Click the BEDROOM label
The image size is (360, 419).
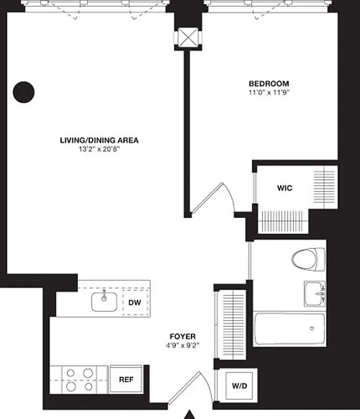click(268, 83)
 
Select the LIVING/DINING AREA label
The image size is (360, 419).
click(99, 140)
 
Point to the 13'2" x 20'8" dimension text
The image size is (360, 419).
click(99, 149)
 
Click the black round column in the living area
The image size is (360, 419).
click(24, 92)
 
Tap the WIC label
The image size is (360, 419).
click(285, 188)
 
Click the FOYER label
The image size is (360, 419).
click(183, 336)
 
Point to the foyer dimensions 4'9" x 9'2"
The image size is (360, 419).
click(183, 345)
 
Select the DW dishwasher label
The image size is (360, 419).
click(134, 302)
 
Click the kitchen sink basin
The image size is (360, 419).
click(104, 301)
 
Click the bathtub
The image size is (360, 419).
click(289, 328)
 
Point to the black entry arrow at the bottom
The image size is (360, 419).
click(191, 414)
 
